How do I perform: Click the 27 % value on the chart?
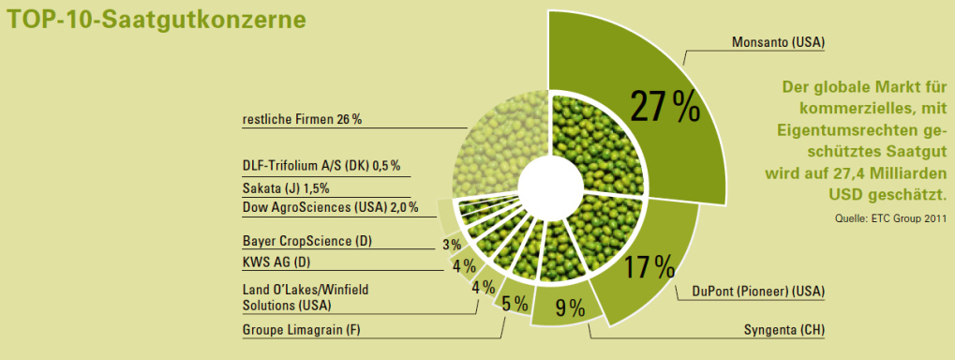tap(664, 108)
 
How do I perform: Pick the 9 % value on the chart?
tap(569, 307)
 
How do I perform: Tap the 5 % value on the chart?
tap(515, 303)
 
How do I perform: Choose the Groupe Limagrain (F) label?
tap(301, 329)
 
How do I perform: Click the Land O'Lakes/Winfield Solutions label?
tap(305, 297)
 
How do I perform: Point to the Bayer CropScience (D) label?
tap(306, 241)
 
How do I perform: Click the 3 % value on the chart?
tap(452, 245)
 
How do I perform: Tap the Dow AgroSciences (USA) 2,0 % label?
tap(330, 207)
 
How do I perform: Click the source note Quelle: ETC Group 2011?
tap(890, 219)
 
